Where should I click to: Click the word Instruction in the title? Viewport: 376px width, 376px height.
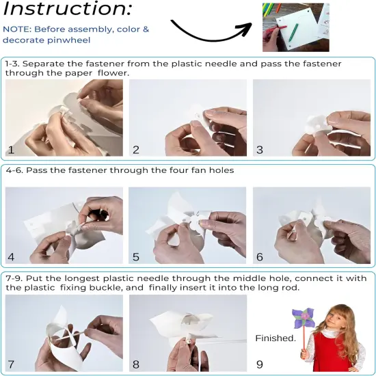(x=68, y=8)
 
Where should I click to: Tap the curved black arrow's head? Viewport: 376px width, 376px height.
(x=246, y=28)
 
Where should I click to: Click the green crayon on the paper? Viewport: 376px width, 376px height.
(x=293, y=32)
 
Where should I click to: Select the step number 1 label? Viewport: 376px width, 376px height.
(x=11, y=150)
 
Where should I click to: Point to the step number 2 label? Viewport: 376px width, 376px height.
(x=136, y=150)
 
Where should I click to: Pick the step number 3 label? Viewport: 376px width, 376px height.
(x=260, y=150)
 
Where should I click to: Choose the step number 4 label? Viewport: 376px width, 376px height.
(x=11, y=257)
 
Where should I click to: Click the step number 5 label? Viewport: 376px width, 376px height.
(x=136, y=257)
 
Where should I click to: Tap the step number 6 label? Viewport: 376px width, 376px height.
(x=260, y=257)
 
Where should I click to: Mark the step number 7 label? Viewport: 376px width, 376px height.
(x=11, y=364)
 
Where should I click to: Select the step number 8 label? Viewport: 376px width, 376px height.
(x=136, y=364)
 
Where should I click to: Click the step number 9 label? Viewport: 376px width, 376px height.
(x=260, y=364)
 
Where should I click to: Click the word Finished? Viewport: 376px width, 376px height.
(x=276, y=338)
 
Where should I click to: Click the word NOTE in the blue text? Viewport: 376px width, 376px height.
(x=17, y=29)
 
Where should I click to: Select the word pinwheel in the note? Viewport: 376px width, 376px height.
(x=68, y=40)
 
